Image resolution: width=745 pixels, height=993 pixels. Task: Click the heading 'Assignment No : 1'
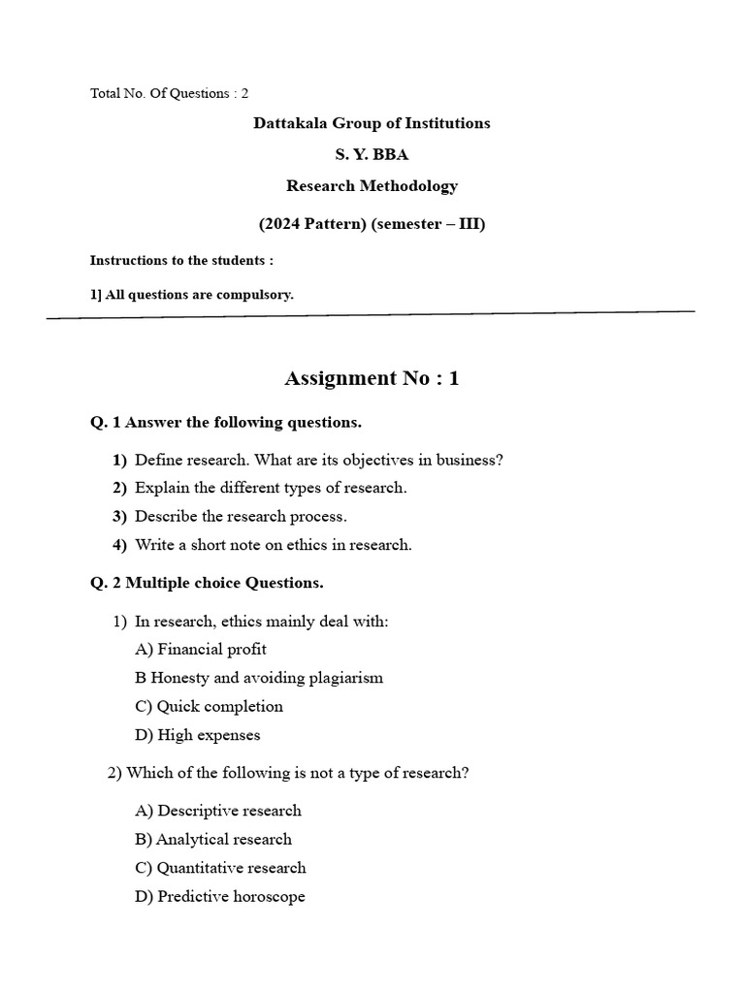click(372, 378)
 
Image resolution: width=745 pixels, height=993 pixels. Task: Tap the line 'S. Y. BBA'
click(372, 154)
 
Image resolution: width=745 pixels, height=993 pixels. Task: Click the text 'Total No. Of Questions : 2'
click(169, 93)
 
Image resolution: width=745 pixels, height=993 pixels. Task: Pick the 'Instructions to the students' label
click(181, 260)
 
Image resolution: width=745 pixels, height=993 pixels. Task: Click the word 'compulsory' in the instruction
click(258, 295)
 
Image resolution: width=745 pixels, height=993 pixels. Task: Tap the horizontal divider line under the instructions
click(372, 314)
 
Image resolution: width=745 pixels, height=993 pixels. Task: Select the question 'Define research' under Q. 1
click(318, 460)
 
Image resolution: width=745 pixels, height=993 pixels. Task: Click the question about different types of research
click(271, 488)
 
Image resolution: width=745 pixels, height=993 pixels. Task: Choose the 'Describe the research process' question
click(240, 516)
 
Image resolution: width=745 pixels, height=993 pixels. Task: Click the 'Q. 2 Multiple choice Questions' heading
click(207, 583)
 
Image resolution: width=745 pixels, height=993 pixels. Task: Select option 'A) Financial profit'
click(201, 649)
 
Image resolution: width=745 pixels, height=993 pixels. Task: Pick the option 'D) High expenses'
click(198, 735)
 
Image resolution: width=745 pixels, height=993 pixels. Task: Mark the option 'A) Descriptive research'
click(218, 811)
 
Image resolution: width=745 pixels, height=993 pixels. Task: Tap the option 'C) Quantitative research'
click(220, 868)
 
